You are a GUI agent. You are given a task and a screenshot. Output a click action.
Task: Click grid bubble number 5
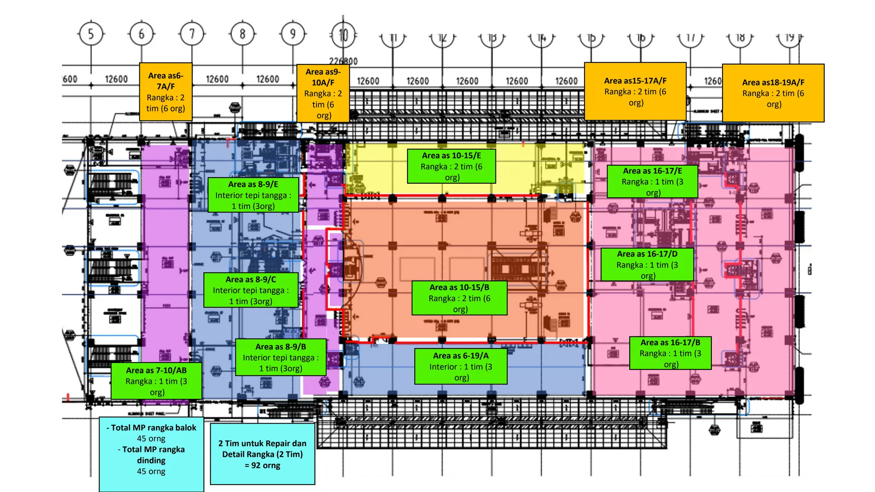(91, 34)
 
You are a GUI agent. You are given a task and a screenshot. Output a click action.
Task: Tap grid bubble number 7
(192, 34)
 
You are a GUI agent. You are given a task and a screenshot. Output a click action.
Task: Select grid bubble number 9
(293, 34)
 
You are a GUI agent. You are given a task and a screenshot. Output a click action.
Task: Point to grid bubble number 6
(141, 34)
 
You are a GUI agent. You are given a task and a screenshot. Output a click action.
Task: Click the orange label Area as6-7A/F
(166, 92)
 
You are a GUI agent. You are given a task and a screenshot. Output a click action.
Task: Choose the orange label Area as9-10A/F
(323, 94)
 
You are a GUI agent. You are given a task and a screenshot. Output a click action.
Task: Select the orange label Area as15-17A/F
(635, 91)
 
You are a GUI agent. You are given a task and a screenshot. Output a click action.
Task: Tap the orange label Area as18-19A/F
(773, 93)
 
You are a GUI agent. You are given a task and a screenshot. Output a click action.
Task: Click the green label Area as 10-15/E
(452, 166)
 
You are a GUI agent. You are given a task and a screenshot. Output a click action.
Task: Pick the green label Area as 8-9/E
(253, 195)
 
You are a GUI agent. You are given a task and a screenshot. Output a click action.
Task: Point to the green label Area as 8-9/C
(251, 290)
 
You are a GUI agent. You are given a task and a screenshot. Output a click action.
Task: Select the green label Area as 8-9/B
(281, 357)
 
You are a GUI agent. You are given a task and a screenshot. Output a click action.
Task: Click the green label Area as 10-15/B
(459, 298)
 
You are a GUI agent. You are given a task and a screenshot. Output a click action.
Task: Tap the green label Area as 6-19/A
(461, 366)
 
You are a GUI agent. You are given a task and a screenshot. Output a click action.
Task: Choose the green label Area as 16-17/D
(647, 265)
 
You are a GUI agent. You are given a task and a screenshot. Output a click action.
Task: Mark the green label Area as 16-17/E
(652, 182)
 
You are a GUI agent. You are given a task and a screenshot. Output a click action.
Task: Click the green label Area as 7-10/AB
(156, 381)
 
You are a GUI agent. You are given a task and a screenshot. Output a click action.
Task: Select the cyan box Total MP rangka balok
(151, 454)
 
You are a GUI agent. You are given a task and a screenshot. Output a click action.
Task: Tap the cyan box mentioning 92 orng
(262, 454)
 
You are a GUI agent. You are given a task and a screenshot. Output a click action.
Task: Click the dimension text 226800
(343, 61)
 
